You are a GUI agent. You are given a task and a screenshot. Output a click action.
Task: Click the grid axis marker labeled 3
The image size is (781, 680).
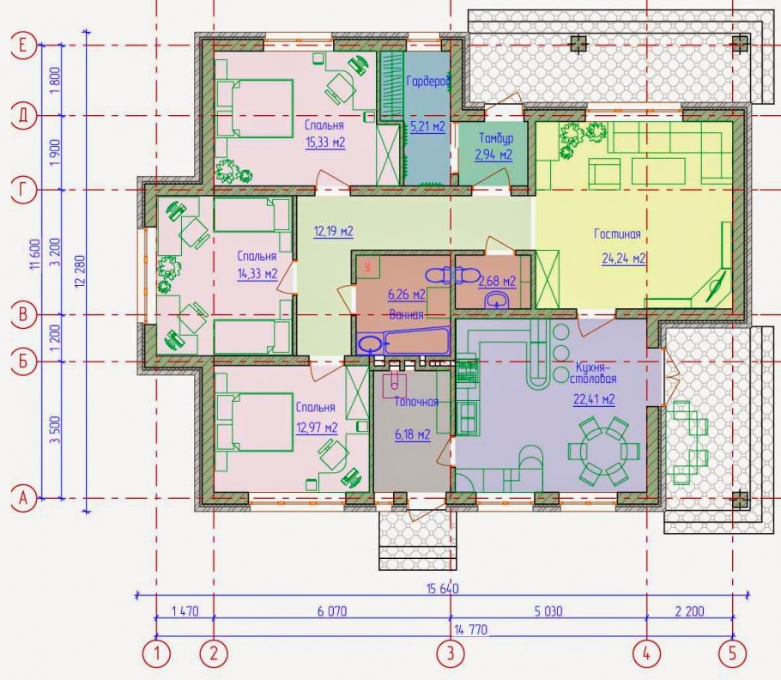pos(451,653)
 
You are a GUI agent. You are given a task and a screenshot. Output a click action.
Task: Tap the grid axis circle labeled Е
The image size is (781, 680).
pos(23,46)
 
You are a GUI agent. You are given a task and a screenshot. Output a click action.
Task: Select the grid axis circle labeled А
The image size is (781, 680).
pos(23,498)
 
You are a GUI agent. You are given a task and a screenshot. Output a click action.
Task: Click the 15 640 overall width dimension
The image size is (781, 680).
pos(443,588)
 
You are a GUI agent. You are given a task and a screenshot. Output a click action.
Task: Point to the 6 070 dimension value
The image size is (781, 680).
pos(332,610)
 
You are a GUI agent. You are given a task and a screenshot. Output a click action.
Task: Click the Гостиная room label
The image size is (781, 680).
pos(617,234)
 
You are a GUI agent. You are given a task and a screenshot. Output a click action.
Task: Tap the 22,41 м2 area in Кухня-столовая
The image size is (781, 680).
pos(594,399)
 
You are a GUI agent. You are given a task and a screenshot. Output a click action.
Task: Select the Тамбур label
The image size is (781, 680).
pos(496,137)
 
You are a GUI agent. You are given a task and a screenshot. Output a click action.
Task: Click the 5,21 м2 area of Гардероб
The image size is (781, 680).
pos(428,127)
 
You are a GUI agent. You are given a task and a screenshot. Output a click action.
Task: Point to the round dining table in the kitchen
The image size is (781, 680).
pos(603,452)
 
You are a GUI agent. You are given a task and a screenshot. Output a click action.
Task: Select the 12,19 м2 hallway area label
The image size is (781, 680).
pos(333,231)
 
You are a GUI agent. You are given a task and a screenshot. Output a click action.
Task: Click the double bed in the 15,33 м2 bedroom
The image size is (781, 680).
pos(255,108)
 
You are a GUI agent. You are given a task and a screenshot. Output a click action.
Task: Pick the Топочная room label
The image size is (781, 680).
pos(416,402)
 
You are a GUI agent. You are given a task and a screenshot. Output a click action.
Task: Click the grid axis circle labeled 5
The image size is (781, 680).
pos(733,653)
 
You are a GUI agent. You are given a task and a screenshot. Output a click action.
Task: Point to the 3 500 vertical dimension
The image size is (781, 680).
pos(55,429)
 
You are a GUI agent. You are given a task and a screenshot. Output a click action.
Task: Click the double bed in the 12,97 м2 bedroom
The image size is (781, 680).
pos(255,422)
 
